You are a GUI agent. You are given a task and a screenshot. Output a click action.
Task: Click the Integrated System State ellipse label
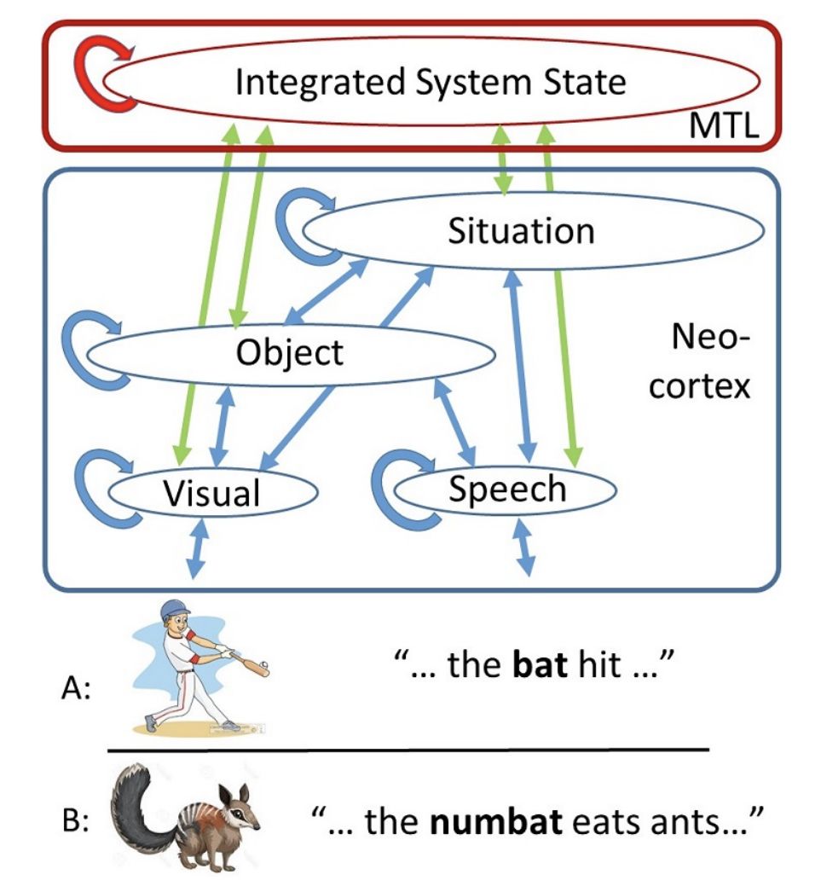430,83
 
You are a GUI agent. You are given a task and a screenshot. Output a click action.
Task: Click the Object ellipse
290,351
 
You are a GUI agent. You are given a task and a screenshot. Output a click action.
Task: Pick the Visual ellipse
211,491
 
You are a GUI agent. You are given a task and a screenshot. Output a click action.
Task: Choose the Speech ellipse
506,489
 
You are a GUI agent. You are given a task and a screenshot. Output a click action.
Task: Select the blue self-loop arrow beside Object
86,345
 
